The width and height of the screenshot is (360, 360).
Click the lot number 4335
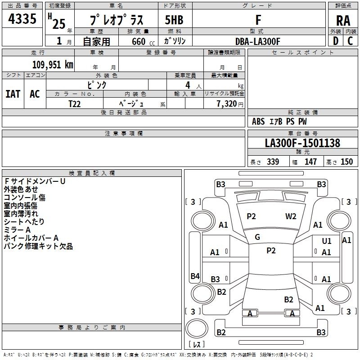[22, 18]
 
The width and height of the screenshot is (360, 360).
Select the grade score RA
[343, 21]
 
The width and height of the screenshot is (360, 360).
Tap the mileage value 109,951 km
[53, 64]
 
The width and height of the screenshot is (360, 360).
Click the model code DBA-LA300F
[258, 41]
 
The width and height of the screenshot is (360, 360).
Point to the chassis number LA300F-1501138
[302, 143]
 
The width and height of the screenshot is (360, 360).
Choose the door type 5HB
[174, 20]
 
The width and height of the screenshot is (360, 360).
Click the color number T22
[74, 104]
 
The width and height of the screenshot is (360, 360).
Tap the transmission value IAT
[13, 94]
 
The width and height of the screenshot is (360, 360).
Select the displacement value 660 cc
[143, 42]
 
